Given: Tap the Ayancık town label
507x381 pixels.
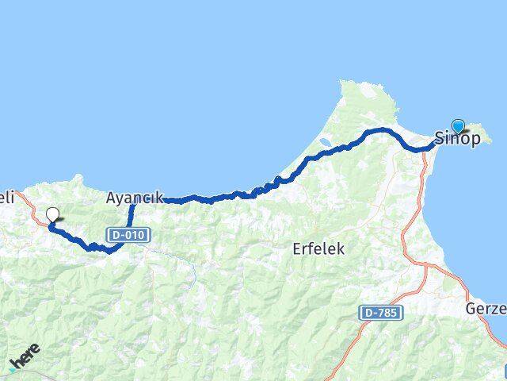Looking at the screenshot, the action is (134, 198).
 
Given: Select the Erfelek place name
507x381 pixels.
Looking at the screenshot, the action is (318, 248).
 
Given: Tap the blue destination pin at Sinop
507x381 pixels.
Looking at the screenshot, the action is (458, 125).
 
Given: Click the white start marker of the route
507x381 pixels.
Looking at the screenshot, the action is (53, 214).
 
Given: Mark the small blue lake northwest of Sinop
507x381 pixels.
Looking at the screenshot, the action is (325, 146).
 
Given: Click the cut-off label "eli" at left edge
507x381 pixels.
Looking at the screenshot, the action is (7, 198).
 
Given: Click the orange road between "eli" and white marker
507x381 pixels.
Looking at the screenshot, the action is (32, 208).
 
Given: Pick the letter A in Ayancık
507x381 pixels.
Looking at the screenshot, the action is (112, 198).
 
